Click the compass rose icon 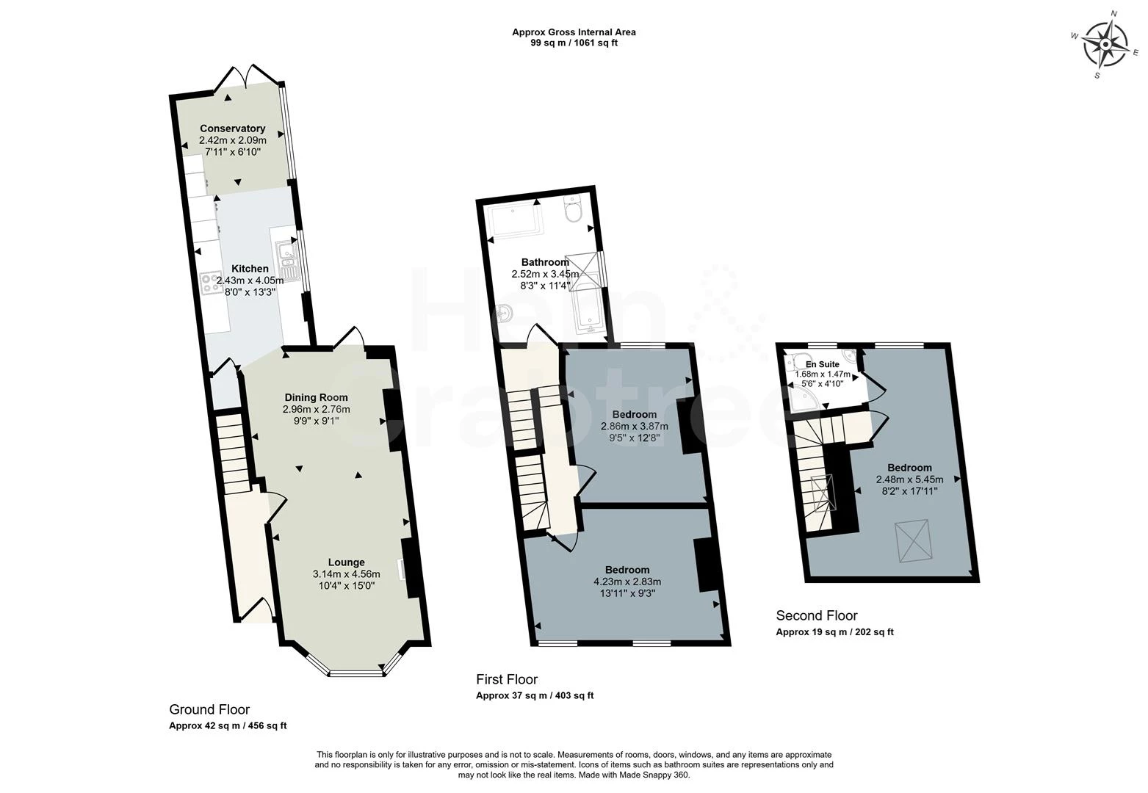pyautogui.click(x=1106, y=45)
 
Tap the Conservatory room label pyautogui.click(x=232, y=128)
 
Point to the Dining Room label pyautogui.click(x=317, y=397)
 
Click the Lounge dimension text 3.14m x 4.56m pyautogui.click(x=346, y=574)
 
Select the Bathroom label pyautogui.click(x=545, y=262)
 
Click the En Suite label pyautogui.click(x=822, y=364)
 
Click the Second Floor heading pyautogui.click(x=816, y=615)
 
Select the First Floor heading pyautogui.click(x=506, y=679)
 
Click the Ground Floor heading pyautogui.click(x=209, y=709)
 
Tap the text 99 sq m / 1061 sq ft pyautogui.click(x=574, y=43)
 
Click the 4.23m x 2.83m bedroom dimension pyautogui.click(x=627, y=582)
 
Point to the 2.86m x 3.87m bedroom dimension pyautogui.click(x=634, y=426)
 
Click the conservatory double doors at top pyautogui.click(x=243, y=76)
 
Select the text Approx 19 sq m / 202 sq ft pyautogui.click(x=834, y=632)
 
